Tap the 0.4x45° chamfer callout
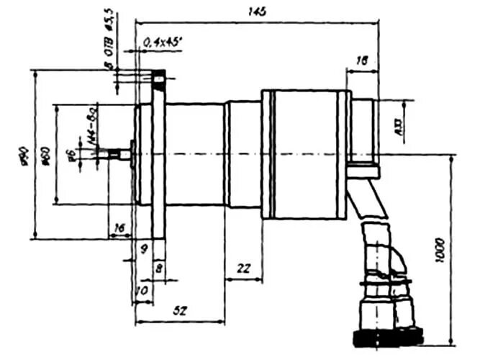[160, 43]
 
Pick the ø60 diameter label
[45, 154]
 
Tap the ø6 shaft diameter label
[70, 154]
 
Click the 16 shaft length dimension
[119, 228]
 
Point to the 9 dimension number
[144, 249]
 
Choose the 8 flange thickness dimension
[158, 267]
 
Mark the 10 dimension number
[141, 289]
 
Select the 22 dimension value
[243, 268]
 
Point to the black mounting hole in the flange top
[160, 76]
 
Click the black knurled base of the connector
[387, 336]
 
